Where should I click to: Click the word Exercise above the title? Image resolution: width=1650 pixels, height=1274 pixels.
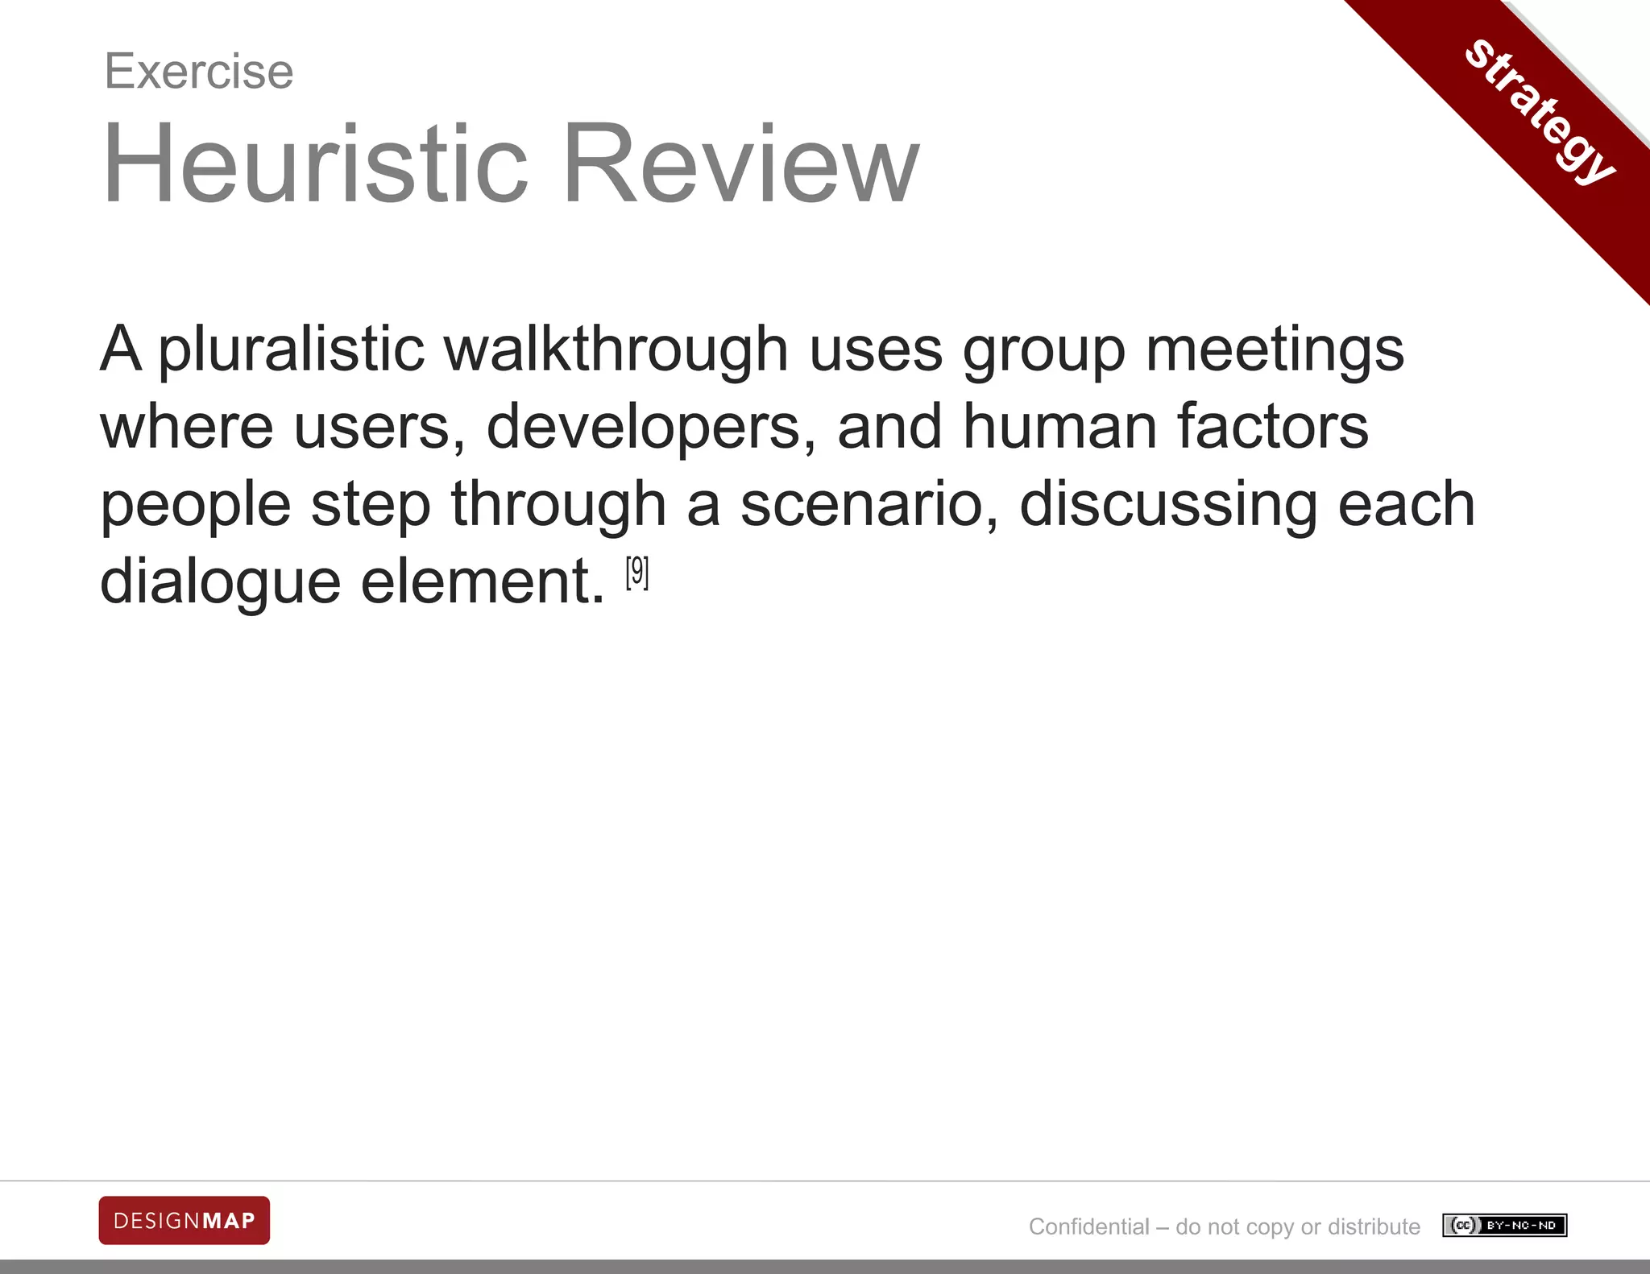(x=199, y=72)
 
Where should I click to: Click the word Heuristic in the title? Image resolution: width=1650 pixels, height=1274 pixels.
(x=315, y=163)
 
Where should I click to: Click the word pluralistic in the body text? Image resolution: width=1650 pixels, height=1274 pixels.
(x=291, y=350)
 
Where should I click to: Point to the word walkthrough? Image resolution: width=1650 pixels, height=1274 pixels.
(x=616, y=350)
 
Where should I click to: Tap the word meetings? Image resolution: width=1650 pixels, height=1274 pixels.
(x=1275, y=350)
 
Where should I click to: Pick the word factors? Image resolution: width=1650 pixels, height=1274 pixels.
(x=1272, y=427)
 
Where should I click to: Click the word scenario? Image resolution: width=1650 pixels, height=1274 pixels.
(x=869, y=505)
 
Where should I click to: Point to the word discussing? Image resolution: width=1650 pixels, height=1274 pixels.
(x=1168, y=505)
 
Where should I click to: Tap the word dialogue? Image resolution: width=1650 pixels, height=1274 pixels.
(x=220, y=581)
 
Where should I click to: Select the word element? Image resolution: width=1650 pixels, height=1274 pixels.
(x=482, y=581)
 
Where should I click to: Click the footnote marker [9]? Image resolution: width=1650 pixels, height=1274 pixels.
(x=636, y=573)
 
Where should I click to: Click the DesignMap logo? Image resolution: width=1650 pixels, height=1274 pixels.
(x=184, y=1220)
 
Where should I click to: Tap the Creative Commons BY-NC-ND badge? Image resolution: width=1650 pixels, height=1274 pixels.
(x=1504, y=1226)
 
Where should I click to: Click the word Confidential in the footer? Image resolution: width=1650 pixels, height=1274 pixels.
(x=1088, y=1226)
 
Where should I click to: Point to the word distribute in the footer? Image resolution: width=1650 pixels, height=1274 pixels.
(x=1374, y=1226)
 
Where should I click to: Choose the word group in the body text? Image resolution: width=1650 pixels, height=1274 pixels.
(x=1043, y=350)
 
